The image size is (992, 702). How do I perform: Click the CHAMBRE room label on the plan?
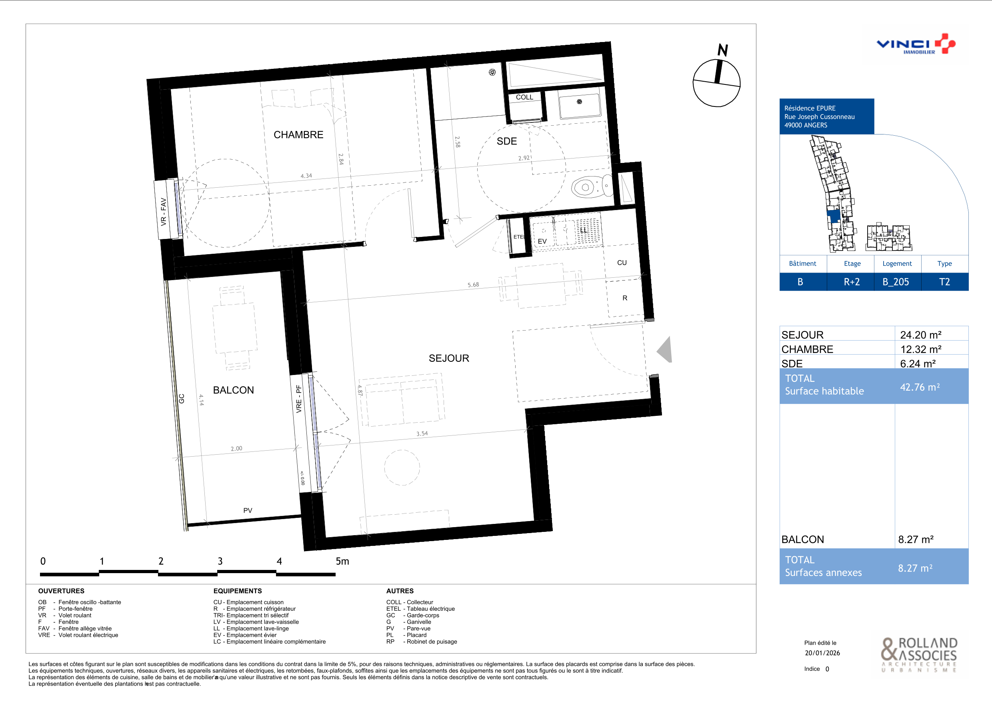coord(298,135)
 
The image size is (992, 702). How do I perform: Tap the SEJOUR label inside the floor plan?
coord(449,358)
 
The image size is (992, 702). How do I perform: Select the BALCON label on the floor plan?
coord(233,390)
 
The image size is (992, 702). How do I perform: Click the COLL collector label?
coord(524,97)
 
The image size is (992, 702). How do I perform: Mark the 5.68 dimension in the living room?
coord(473,285)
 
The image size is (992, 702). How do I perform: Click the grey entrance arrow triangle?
coord(664,349)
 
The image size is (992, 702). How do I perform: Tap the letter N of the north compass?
coord(723,50)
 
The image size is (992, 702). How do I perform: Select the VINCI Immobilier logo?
coord(916,44)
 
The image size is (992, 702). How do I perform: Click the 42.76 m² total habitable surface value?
coord(920,387)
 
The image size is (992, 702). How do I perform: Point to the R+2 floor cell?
coord(852,282)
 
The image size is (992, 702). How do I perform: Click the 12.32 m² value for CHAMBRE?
coord(921,349)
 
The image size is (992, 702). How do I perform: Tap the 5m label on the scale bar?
coord(342,561)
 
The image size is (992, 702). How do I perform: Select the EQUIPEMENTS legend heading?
coord(238,591)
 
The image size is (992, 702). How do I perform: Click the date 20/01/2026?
coord(822,653)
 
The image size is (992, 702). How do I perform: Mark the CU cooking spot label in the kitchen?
coord(622,263)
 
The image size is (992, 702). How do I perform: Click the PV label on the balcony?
coord(248,511)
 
